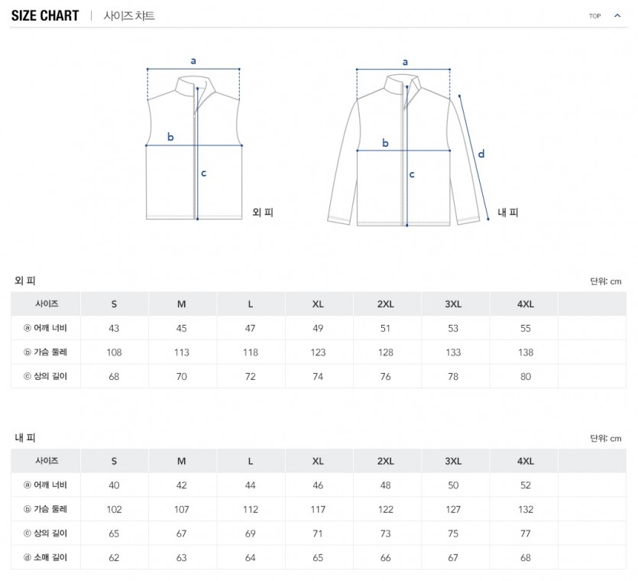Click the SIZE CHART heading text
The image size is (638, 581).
click(45, 16)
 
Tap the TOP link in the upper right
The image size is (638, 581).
click(594, 16)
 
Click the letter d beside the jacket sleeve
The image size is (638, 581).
click(481, 154)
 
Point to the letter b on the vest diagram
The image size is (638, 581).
click(170, 137)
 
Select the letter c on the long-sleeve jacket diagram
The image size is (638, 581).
click(412, 174)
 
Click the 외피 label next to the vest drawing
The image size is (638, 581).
click(262, 212)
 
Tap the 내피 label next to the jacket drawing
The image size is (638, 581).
click(508, 212)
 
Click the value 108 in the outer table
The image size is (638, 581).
click(114, 352)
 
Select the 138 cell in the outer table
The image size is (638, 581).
click(526, 352)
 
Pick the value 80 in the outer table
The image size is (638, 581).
click(526, 377)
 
